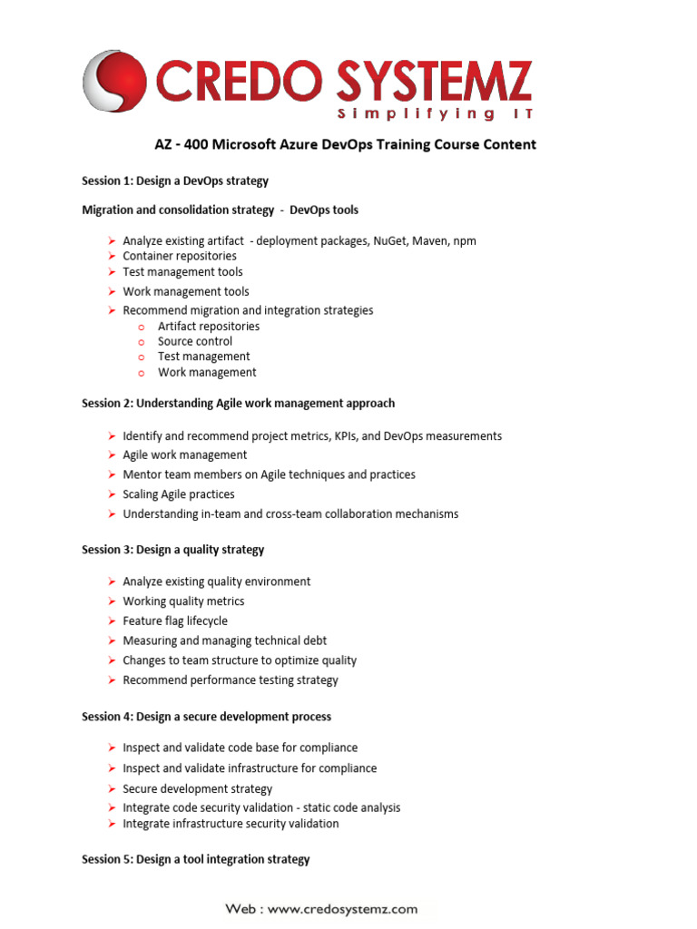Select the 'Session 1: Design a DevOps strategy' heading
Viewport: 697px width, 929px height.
(175, 181)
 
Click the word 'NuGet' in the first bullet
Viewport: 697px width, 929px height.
(391, 241)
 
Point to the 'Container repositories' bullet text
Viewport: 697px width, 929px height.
(180, 257)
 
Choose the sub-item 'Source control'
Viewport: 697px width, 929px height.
(195, 342)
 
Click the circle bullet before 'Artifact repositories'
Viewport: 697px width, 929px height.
(142, 327)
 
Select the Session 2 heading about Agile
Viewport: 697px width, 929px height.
(238, 403)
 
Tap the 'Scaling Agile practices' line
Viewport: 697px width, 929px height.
(179, 494)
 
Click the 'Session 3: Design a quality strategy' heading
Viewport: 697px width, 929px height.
(173, 550)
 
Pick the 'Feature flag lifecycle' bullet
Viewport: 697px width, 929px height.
(175, 621)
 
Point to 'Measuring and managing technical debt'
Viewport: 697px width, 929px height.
(225, 641)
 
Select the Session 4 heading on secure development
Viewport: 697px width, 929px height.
(206, 717)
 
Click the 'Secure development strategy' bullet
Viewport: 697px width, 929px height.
(198, 789)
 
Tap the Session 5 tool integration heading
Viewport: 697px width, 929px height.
(195, 859)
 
